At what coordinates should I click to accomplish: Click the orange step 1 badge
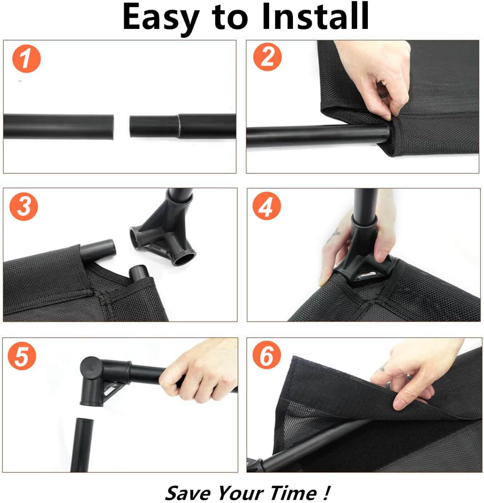click(x=26, y=59)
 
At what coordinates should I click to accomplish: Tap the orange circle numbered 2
click(x=267, y=57)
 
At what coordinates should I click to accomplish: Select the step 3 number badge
click(x=24, y=206)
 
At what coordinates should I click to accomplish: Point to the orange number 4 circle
click(x=267, y=206)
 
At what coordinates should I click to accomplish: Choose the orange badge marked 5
click(x=22, y=356)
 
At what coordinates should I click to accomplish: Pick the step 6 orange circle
click(x=267, y=355)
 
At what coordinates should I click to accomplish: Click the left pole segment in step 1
click(x=58, y=127)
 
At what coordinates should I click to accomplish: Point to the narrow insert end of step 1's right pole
click(x=154, y=127)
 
